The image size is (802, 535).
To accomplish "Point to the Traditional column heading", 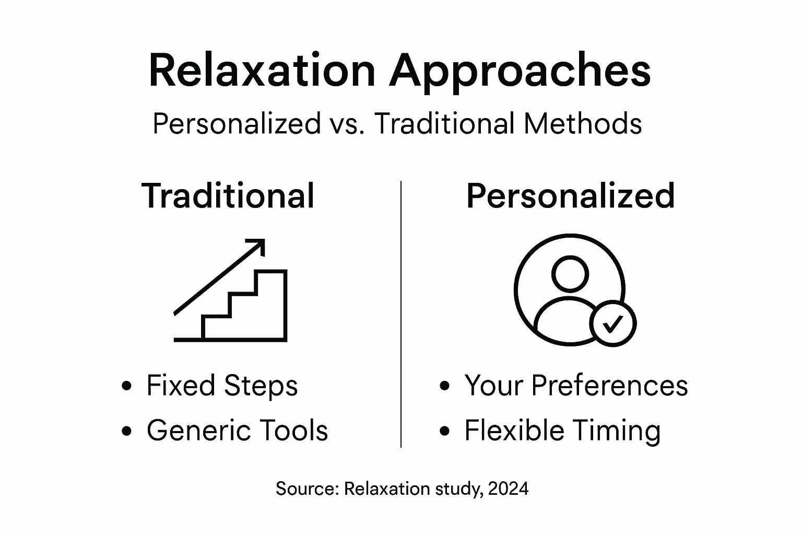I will click(x=228, y=196).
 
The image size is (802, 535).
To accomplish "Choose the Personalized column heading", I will click(x=570, y=196).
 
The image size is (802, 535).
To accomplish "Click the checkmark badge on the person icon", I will click(x=612, y=323).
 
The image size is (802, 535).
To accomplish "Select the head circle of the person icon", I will click(x=570, y=274).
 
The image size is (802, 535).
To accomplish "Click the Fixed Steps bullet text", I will click(x=222, y=386).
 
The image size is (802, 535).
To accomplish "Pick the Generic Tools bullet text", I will click(x=237, y=431).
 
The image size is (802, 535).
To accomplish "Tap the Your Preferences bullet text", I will click(x=576, y=386).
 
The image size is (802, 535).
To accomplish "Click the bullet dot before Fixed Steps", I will click(x=126, y=387).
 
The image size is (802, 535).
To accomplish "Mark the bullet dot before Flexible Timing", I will click(x=444, y=432).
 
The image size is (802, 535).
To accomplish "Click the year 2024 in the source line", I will click(x=509, y=489).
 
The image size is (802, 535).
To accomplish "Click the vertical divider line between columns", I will click(x=400, y=313).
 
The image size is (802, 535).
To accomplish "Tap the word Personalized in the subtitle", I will click(x=236, y=124).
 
